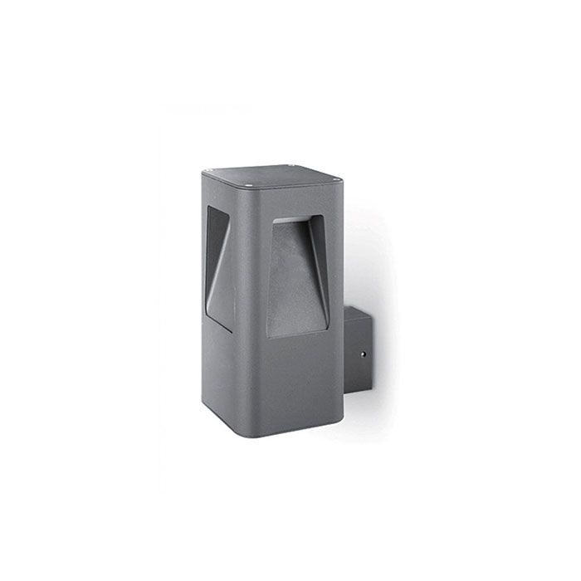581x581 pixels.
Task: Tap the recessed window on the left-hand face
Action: [x=218, y=266]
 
